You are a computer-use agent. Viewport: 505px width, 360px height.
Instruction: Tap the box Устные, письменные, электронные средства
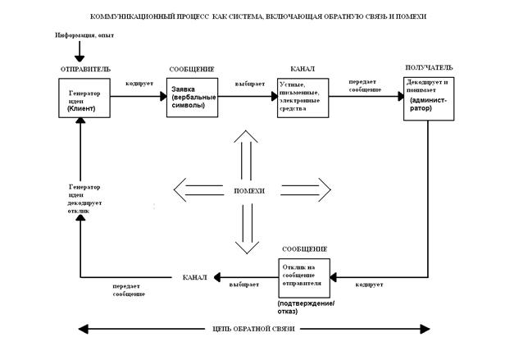click(303, 98)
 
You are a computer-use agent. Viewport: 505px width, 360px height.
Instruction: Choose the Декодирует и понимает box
click(428, 98)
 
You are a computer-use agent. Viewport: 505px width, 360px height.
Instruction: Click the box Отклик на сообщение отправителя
click(304, 277)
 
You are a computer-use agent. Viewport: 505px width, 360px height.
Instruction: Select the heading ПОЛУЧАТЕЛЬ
click(428, 66)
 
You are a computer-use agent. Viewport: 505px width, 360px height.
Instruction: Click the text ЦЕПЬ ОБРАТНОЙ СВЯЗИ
click(253, 329)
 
